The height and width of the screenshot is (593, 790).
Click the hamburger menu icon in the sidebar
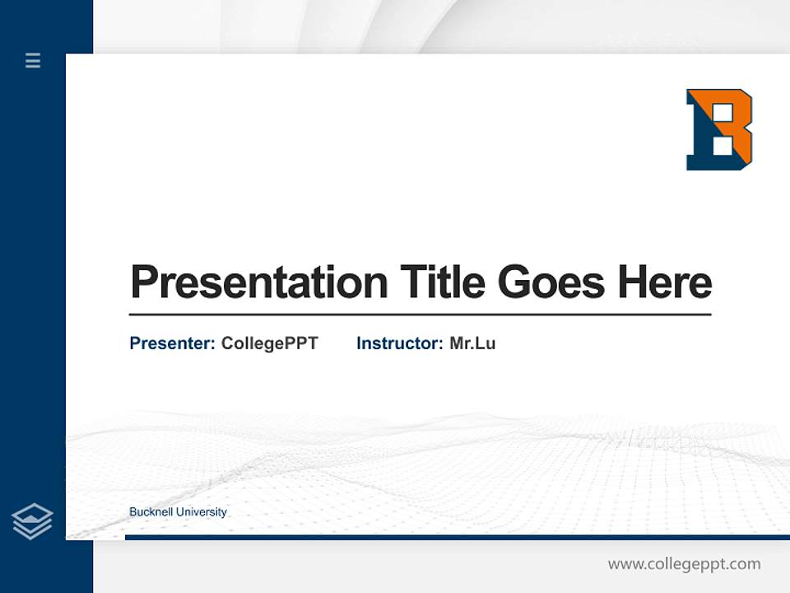click(33, 60)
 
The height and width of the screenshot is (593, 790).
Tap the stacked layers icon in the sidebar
click(32, 521)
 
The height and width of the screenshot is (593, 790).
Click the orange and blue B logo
click(718, 129)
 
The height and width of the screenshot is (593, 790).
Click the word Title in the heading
click(443, 282)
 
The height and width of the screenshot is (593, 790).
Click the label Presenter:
click(173, 343)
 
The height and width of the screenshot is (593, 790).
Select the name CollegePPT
click(269, 343)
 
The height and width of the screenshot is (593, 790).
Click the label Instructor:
click(400, 343)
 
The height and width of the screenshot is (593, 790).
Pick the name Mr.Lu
click(472, 343)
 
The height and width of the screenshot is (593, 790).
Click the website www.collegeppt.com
click(684, 564)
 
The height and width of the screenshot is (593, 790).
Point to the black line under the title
click(420, 315)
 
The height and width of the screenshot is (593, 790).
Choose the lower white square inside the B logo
click(721, 146)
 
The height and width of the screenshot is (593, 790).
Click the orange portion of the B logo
click(741, 132)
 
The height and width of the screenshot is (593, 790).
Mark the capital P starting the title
click(145, 282)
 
